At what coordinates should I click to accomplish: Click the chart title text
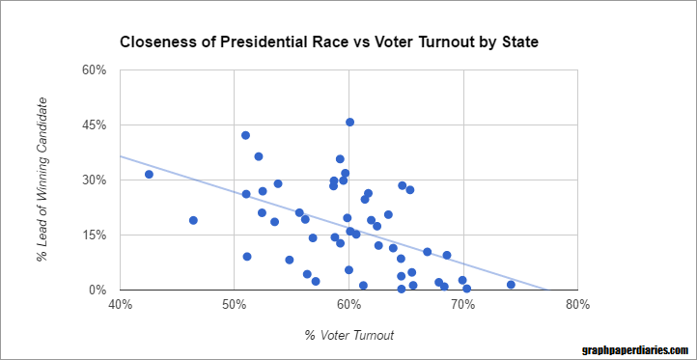point(328,42)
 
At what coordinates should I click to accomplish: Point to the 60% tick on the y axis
point(93,69)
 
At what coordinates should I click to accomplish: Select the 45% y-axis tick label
point(93,125)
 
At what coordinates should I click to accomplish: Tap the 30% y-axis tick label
point(93,180)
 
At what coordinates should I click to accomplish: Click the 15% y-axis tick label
point(93,235)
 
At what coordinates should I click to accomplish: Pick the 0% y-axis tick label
point(97,290)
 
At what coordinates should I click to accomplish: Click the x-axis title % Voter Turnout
point(348,335)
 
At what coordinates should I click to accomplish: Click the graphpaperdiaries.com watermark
point(635,350)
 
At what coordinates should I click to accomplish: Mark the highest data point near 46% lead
point(349,122)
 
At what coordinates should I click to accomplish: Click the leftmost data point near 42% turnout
point(149,174)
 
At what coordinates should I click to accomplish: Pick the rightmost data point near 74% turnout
point(511,285)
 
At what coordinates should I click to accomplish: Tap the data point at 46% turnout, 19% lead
point(193,220)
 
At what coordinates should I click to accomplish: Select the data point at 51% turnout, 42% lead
point(245,135)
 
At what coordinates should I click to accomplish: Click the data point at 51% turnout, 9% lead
point(247,257)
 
